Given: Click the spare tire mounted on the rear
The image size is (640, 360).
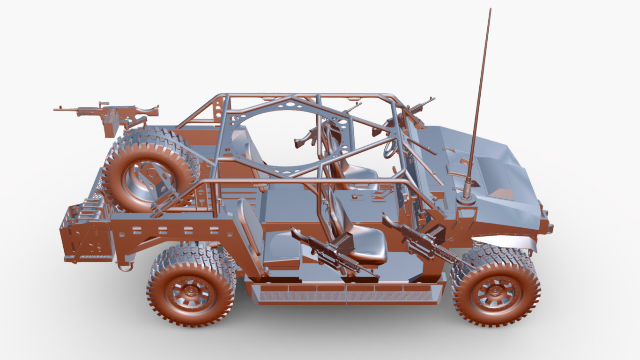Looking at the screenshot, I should pyautogui.click(x=149, y=171).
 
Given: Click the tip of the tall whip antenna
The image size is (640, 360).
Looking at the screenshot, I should pyautogui.click(x=490, y=9).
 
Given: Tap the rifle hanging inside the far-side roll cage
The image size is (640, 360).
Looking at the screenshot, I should pyautogui.click(x=307, y=137).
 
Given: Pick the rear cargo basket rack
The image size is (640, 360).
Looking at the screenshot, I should pyautogui.click(x=84, y=232).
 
